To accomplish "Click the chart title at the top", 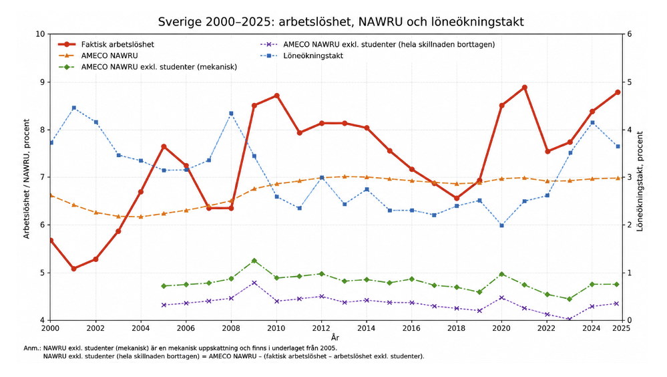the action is tap(341, 22).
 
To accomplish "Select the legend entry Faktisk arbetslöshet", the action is tap(106, 44).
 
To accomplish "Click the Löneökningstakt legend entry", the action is tap(301, 55).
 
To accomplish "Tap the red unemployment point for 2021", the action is tap(525, 88).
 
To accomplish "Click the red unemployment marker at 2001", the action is tap(73, 269).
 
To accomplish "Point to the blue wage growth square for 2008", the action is tap(231, 114).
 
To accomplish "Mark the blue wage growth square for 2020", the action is tap(501, 225).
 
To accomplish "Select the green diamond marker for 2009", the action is tap(254, 261).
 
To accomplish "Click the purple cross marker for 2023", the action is tap(569, 319).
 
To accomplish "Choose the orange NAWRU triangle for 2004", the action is tap(141, 217).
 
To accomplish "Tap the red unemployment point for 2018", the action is tap(457, 198).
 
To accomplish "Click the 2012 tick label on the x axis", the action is tap(321, 328).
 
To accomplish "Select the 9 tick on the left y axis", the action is tap(43, 82).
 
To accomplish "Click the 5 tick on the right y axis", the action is tap(630, 82).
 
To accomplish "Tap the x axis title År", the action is tap(335, 338).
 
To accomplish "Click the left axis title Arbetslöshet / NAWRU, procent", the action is tap(27, 178).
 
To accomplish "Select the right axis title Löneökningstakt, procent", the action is tap(640, 181).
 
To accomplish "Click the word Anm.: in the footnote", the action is tap(32, 348).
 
